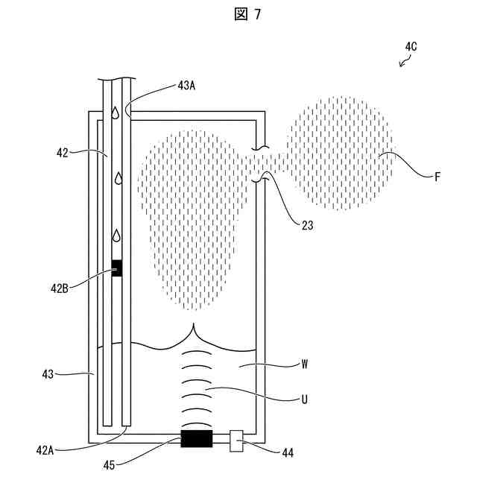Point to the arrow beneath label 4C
tap(405, 62)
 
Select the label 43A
tap(187, 86)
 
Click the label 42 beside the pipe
tap(62, 153)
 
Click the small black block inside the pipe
tap(116, 268)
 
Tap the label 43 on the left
tap(48, 374)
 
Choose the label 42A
tap(44, 449)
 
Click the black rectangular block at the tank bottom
tap(197, 438)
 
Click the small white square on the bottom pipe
tap(237, 440)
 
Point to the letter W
tap(305, 366)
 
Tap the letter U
tap(305, 399)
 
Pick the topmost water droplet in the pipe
tap(116, 113)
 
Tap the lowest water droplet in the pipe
tap(116, 236)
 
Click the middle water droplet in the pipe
tap(117, 179)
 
